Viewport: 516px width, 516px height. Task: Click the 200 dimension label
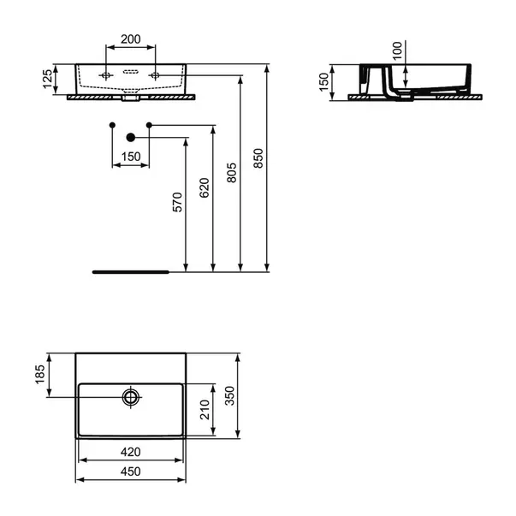pyautogui.click(x=131, y=39)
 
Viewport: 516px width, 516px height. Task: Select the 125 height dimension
pyautogui.click(x=47, y=79)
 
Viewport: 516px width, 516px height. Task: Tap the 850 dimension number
pyautogui.click(x=258, y=158)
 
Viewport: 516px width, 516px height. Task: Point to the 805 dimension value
pyautogui.click(x=232, y=173)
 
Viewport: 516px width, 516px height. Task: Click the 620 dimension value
pyautogui.click(x=205, y=187)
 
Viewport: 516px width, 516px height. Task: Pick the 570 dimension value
pyautogui.click(x=177, y=202)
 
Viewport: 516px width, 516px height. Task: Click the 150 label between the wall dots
pyautogui.click(x=131, y=157)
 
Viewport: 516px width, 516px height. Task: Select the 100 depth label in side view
pyautogui.click(x=398, y=50)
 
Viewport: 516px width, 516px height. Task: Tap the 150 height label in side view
pyautogui.click(x=324, y=82)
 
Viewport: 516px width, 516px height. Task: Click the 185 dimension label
pyautogui.click(x=40, y=374)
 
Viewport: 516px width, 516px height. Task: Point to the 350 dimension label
pyautogui.click(x=229, y=395)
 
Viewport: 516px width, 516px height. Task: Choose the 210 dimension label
pyautogui.click(x=205, y=410)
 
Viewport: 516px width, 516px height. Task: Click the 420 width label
pyautogui.click(x=131, y=452)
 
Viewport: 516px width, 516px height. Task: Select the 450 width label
pyautogui.click(x=131, y=472)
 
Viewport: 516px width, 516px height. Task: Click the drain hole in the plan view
pyautogui.click(x=131, y=397)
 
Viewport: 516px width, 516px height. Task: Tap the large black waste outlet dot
pyautogui.click(x=131, y=138)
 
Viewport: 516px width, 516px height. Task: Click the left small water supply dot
pyautogui.click(x=112, y=125)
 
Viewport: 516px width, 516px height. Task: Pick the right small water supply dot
pyautogui.click(x=149, y=125)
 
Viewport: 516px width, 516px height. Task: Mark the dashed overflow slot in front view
pyautogui.click(x=131, y=71)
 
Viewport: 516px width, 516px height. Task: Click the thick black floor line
pyautogui.click(x=131, y=272)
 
